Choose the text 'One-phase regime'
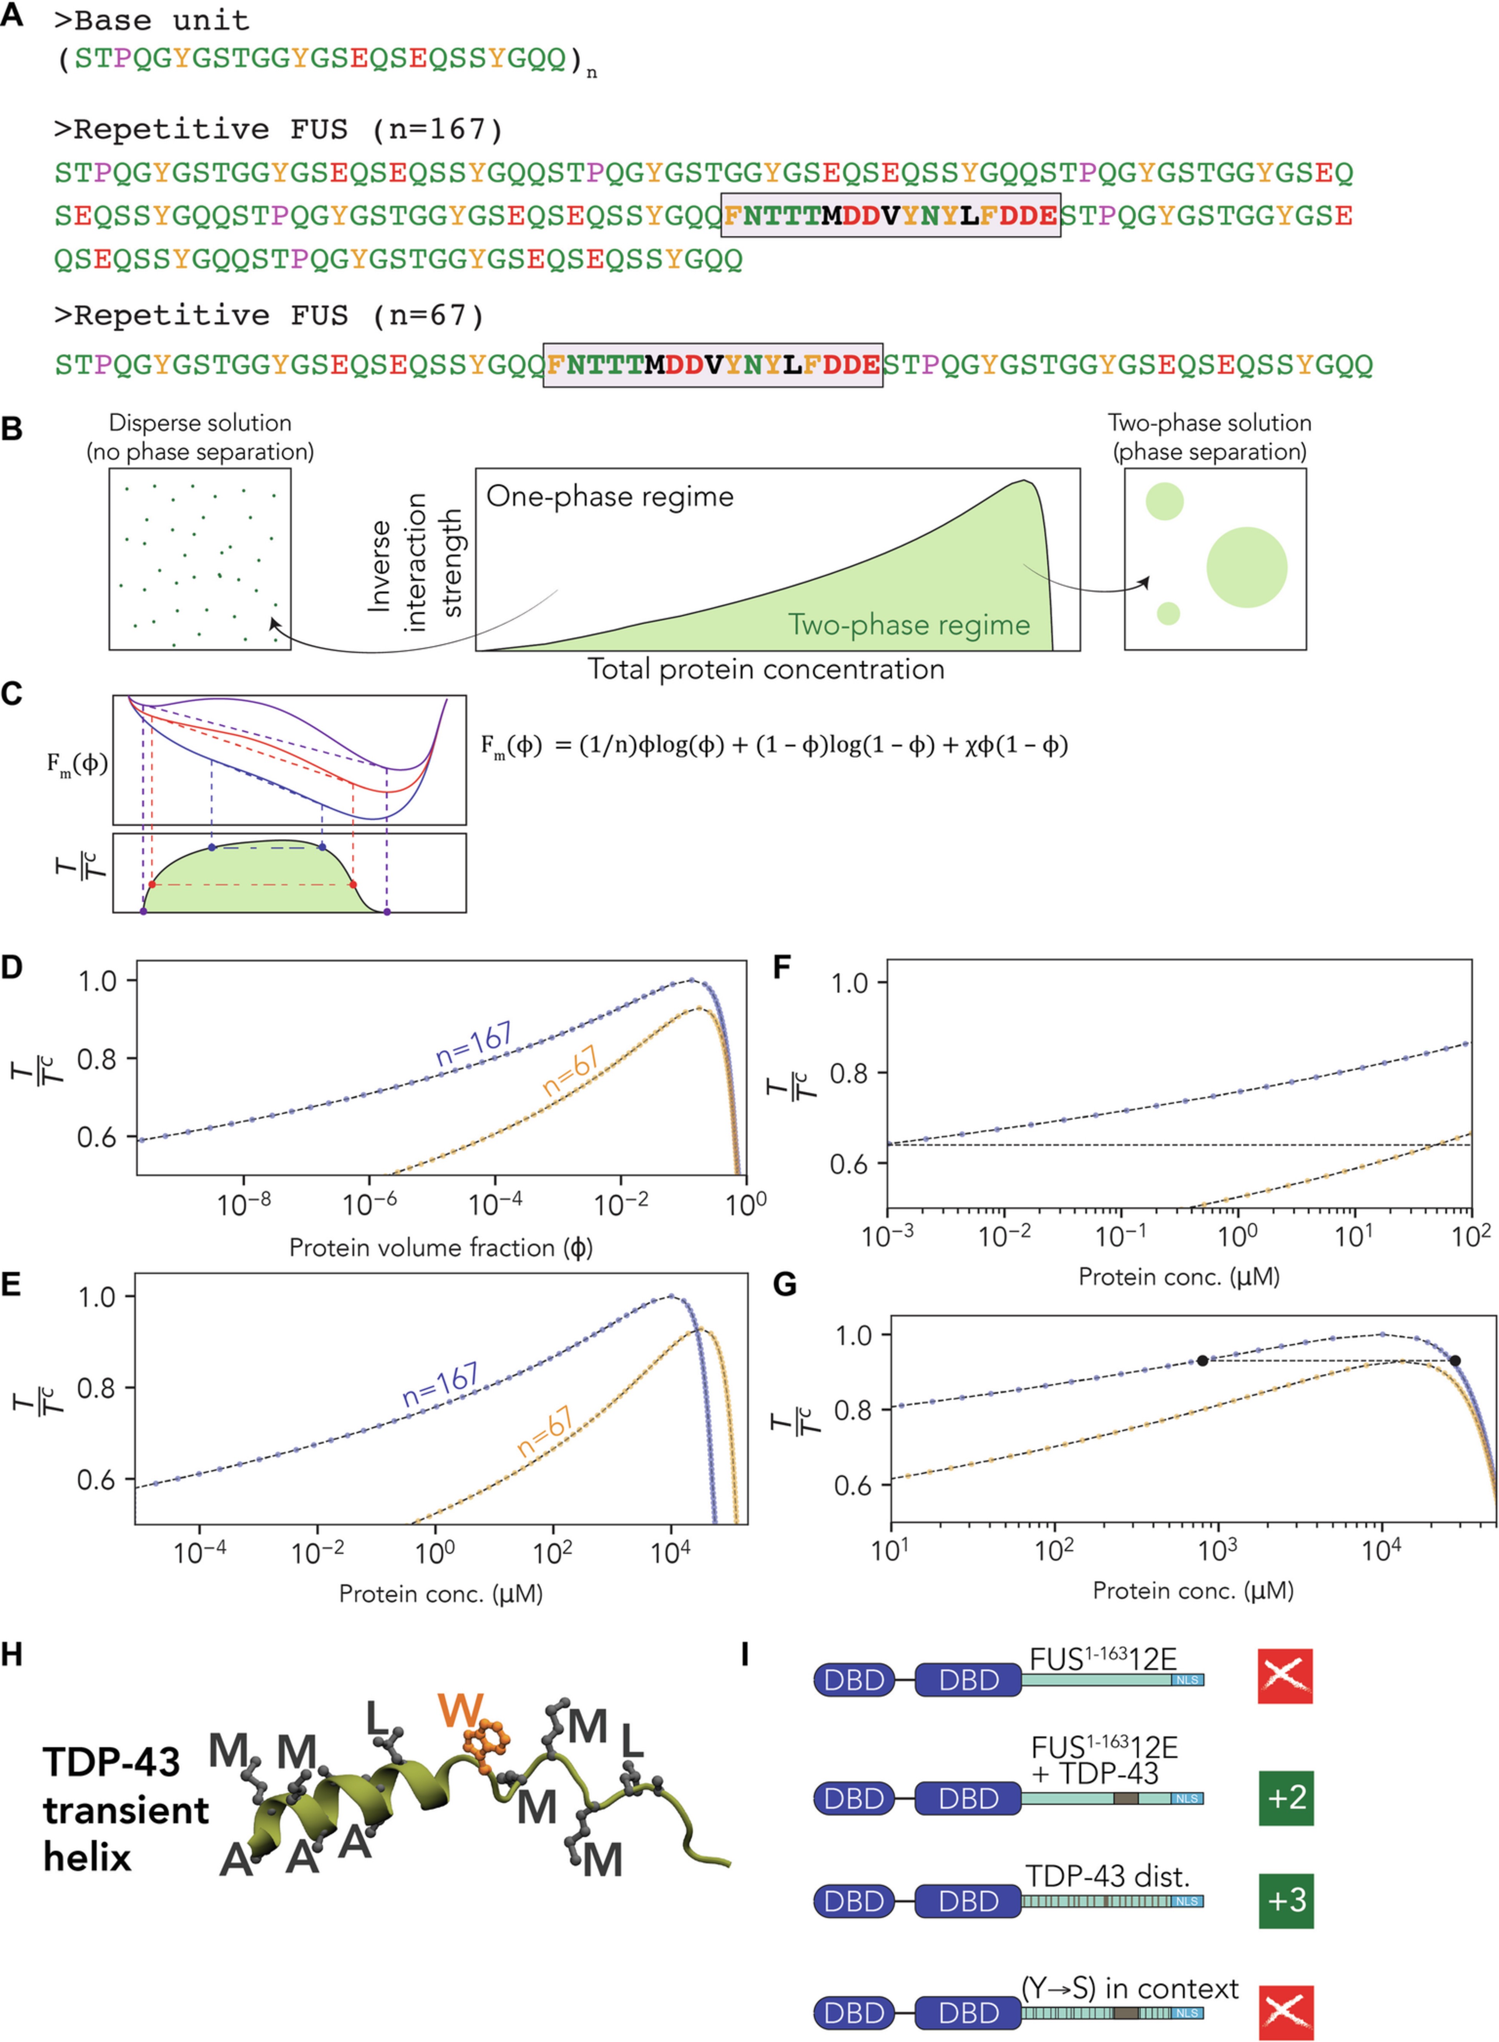coord(610,496)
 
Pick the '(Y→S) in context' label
coord(1130,1989)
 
